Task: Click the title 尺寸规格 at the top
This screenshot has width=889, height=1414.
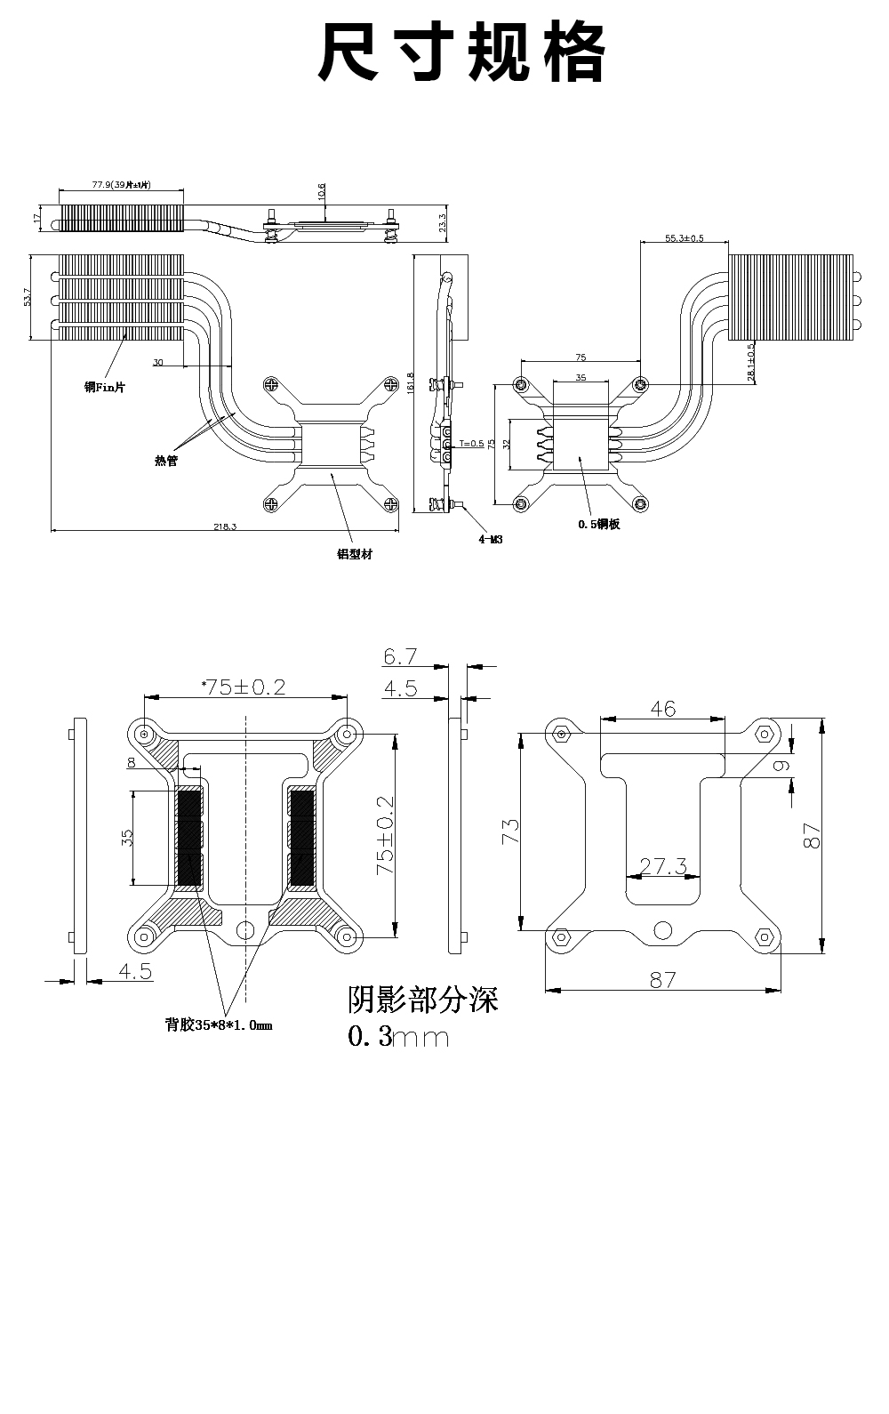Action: pyautogui.click(x=462, y=53)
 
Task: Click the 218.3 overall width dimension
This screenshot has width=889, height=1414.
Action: pyautogui.click(x=225, y=526)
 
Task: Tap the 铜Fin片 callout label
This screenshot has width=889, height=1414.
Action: pyautogui.click(x=105, y=388)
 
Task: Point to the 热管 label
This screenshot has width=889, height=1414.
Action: pyautogui.click(x=166, y=461)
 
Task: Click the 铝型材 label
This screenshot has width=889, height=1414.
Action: pyautogui.click(x=354, y=554)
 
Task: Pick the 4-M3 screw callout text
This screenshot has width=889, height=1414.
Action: pyautogui.click(x=491, y=539)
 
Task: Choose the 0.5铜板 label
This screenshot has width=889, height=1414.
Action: pyautogui.click(x=598, y=525)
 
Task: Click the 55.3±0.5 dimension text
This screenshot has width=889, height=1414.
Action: pyautogui.click(x=684, y=238)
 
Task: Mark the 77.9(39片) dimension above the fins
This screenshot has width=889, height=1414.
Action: pyautogui.click(x=121, y=185)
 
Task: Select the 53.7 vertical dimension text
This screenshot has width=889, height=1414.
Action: pyautogui.click(x=28, y=297)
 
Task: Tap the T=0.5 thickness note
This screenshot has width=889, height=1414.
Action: pyautogui.click(x=471, y=443)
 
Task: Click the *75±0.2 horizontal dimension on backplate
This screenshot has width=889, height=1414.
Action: pyautogui.click(x=244, y=687)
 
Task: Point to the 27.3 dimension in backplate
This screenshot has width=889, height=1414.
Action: pyautogui.click(x=663, y=866)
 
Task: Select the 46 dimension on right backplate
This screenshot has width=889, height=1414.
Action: pyautogui.click(x=663, y=709)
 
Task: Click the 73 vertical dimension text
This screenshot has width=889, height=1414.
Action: pyautogui.click(x=510, y=832)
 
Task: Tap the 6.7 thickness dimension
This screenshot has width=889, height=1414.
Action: pyautogui.click(x=400, y=657)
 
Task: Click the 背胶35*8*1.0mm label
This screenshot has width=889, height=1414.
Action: pyautogui.click(x=219, y=1024)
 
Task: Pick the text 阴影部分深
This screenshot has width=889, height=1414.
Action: pyautogui.click(x=423, y=1000)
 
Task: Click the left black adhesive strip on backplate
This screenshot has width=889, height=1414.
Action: pyautogui.click(x=189, y=838)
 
